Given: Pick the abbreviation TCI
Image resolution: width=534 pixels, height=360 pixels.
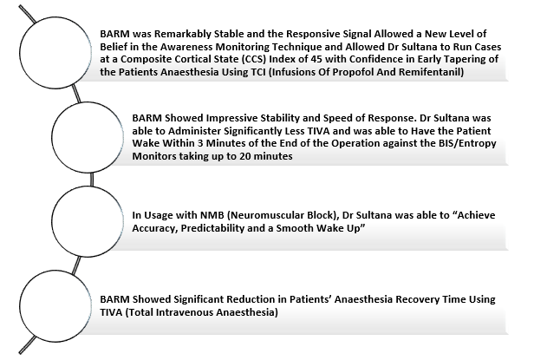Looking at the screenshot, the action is (x=257, y=72).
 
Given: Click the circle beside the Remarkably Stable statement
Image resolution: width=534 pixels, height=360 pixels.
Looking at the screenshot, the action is (x=55, y=17).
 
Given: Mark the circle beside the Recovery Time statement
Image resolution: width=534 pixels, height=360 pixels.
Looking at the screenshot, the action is (x=55, y=271).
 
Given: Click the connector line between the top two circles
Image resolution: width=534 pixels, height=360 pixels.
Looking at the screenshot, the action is (x=76, y=94).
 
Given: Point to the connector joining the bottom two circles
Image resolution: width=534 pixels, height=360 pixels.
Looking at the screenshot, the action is (x=76, y=265).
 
